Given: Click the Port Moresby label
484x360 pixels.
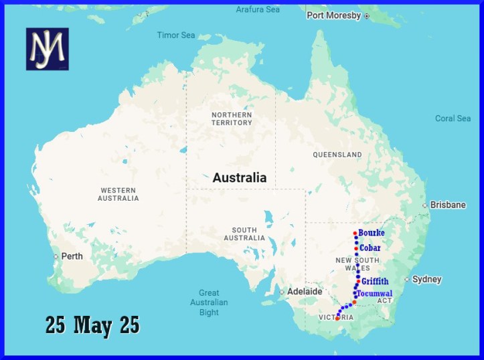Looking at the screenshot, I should pos(333,15).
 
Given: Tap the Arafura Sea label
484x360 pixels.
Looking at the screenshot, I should pos(258,9).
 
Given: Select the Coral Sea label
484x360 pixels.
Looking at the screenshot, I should pos(453,118).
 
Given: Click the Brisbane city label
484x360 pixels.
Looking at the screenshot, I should pos(448,205).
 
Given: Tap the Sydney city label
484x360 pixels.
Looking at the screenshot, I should pos(426,279).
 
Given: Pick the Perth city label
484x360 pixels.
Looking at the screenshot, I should pos(71,256).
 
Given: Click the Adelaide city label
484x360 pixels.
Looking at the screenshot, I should pos(304,291).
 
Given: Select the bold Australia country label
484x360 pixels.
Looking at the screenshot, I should pos(239,178).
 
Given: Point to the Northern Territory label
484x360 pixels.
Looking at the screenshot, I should pos(232,119).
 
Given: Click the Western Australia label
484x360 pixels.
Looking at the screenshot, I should pos(118,194).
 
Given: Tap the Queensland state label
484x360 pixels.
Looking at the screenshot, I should pos(337,155).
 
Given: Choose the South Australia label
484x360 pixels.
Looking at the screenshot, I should pos(245,234).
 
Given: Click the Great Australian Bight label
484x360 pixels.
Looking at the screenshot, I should pos(209,302).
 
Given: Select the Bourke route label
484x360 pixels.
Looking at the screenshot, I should pos(372,233).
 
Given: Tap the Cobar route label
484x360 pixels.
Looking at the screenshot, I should pos(370,248).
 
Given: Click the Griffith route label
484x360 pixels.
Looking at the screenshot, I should pos(375,282).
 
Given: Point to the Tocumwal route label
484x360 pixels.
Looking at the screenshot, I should pos(375,294).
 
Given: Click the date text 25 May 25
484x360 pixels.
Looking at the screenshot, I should pos(92,325).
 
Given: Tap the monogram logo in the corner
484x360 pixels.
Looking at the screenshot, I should pos(48,50).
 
